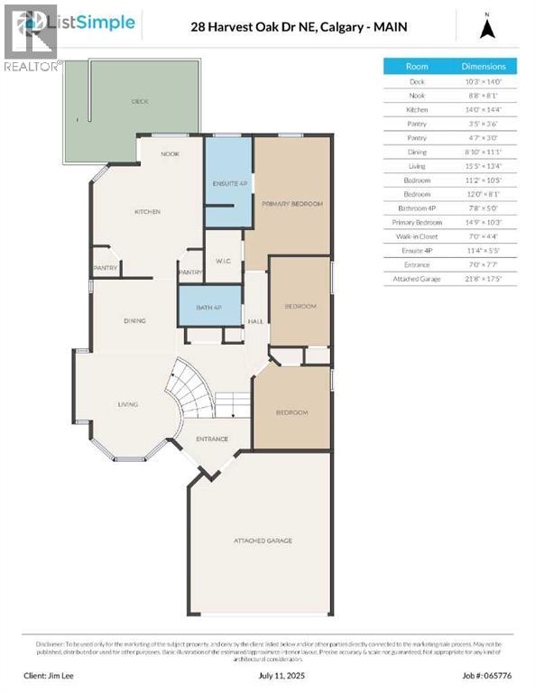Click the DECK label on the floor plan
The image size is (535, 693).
(140, 102)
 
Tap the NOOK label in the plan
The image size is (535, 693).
(171, 153)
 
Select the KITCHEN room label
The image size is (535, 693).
(147, 211)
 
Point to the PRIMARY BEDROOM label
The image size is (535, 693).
(292, 204)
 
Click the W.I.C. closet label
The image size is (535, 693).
(225, 262)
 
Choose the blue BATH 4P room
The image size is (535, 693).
(209, 307)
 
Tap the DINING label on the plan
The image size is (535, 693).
(135, 320)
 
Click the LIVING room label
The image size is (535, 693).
(127, 404)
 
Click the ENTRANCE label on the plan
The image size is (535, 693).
(212, 439)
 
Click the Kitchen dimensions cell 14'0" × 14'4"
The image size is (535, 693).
(484, 109)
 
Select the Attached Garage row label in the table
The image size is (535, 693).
(418, 279)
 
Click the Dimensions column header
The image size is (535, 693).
(484, 66)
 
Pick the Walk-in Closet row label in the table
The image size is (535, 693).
(418, 236)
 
